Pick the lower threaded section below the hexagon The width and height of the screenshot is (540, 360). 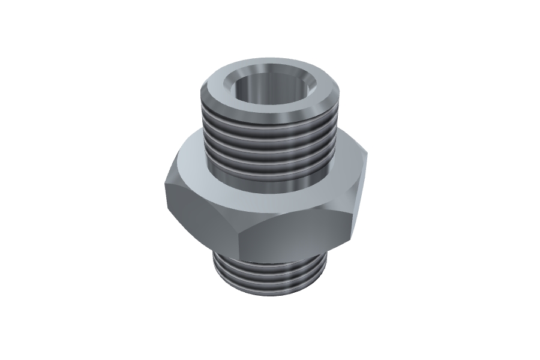click(x=270, y=276)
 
